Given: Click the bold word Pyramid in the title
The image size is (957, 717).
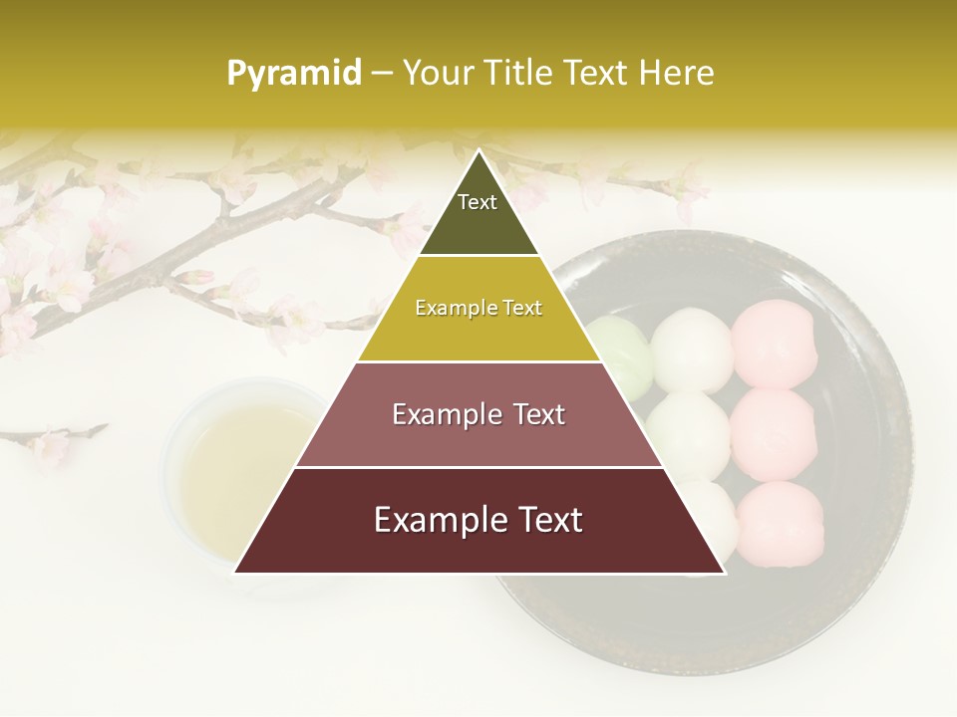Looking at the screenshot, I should pyautogui.click(x=294, y=73).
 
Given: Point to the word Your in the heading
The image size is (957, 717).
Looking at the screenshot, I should pyautogui.click(x=440, y=73).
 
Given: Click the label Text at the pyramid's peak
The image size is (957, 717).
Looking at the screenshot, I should pyautogui.click(x=478, y=202).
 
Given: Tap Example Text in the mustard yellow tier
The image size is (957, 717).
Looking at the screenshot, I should pyautogui.click(x=478, y=308).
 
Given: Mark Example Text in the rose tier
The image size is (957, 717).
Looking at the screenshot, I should pyautogui.click(x=478, y=414).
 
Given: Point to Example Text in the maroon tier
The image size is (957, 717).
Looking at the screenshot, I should pyautogui.click(x=478, y=520).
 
